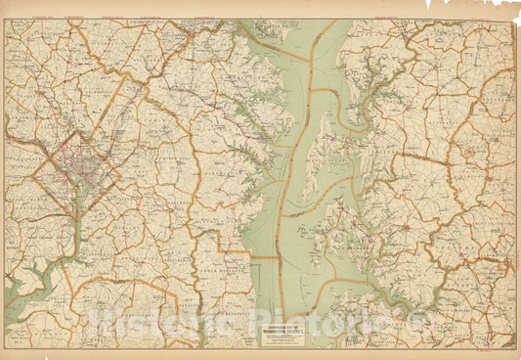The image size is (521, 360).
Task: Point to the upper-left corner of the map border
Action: [6, 20]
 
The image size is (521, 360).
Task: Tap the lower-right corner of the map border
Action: [514, 348]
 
